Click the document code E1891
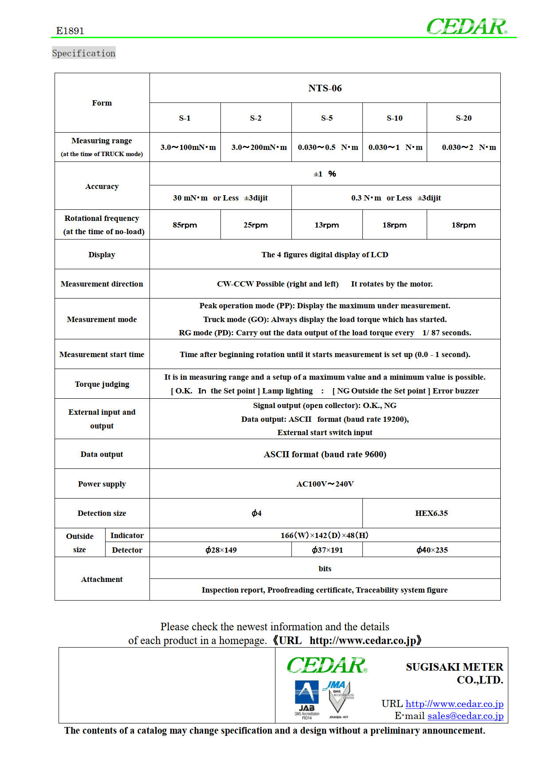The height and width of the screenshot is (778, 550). pos(70,31)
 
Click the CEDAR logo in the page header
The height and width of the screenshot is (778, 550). pos(467,27)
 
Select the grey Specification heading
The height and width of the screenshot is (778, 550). pos(84,53)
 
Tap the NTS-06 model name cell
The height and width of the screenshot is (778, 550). pos(325,88)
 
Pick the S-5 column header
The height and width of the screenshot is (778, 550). pos(327,118)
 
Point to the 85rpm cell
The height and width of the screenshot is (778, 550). pos(185,225)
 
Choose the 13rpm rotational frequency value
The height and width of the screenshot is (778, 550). pos(327,225)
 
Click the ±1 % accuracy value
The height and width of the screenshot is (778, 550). pos(325,174)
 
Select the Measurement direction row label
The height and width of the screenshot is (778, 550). pos(102,284)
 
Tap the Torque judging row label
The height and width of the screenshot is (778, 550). pos(102,384)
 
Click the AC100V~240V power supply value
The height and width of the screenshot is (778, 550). pos(325,484)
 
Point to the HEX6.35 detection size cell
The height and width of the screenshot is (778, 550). pos(431,513)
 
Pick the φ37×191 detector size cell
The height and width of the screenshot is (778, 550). pos(327,550)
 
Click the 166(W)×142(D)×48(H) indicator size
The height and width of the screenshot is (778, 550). pos(325,535)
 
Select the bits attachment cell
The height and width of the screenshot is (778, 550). pos(325,569)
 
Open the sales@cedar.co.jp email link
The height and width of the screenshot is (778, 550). pos(465,716)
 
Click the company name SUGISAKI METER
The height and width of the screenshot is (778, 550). pos(454,667)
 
